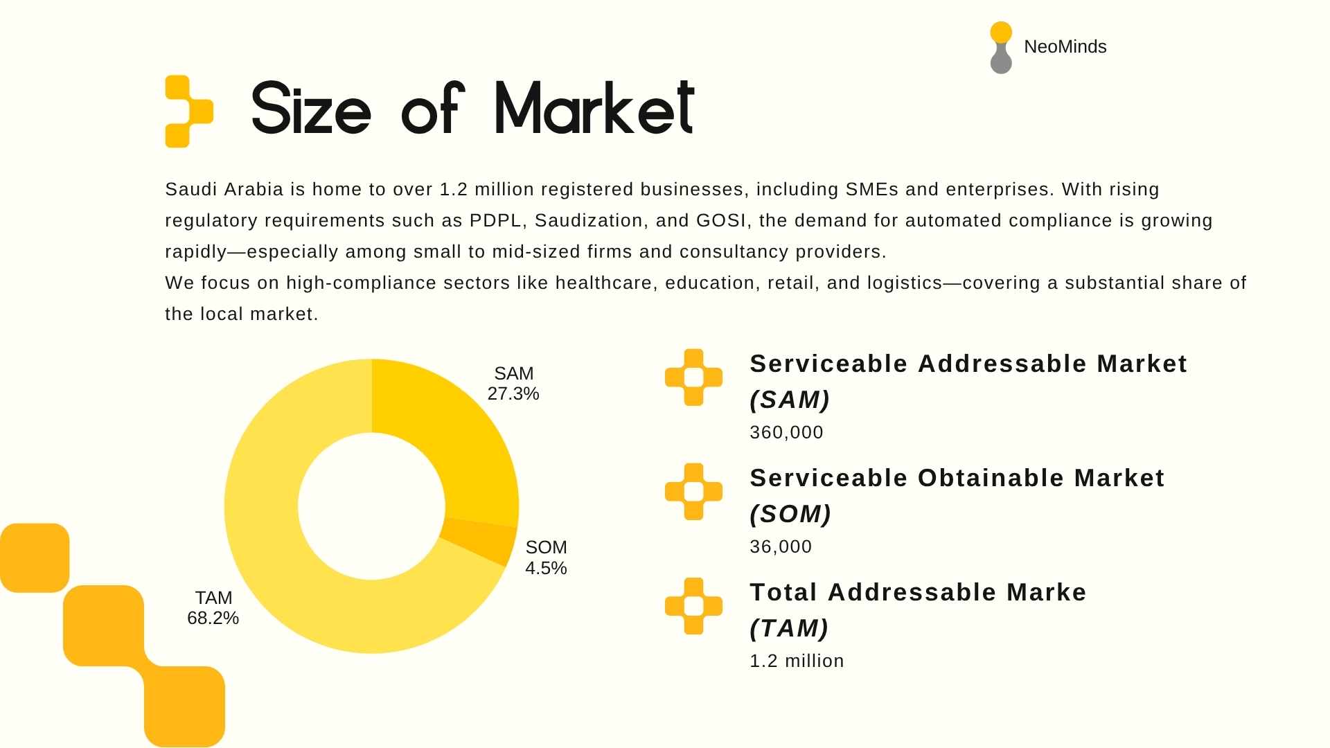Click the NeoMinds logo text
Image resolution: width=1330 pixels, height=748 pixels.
coord(1065,46)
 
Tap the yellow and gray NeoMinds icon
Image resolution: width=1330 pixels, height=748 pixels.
coord(1001,47)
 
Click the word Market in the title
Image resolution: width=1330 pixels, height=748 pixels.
coord(594,108)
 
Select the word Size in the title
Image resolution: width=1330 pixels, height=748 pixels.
coord(311,108)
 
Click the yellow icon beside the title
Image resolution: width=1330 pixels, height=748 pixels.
coord(188,111)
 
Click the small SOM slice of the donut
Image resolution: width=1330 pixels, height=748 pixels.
coord(479,540)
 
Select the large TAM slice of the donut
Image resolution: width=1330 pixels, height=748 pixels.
coord(291,568)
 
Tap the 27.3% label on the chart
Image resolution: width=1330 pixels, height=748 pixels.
coord(513,393)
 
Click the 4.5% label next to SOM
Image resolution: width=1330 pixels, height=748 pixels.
coord(546,568)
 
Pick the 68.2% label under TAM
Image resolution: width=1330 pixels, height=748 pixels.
coord(213,618)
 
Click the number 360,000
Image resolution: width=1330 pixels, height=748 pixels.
coord(786,432)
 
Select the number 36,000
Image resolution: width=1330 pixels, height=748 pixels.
coord(781,546)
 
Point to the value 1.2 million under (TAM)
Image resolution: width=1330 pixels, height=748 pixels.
coord(797,661)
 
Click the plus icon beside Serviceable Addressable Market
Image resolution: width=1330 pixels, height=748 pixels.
coord(693,377)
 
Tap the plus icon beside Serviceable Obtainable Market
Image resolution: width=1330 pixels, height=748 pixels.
coord(693,492)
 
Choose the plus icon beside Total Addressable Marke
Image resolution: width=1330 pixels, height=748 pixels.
coord(693,606)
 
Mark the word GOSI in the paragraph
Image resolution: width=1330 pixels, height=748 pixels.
coord(720,220)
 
